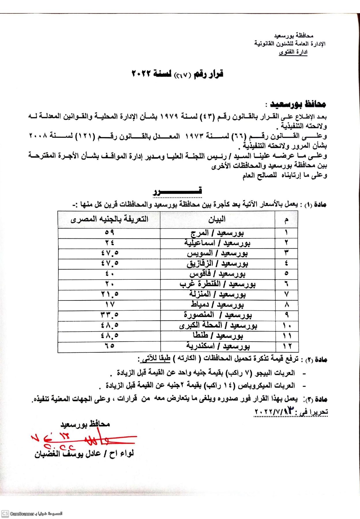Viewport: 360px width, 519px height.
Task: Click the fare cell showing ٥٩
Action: point(109,232)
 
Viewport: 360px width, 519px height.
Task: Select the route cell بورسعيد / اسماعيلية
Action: point(217,243)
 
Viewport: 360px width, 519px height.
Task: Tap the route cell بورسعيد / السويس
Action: point(217,253)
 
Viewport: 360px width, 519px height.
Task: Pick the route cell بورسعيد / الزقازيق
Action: point(217,264)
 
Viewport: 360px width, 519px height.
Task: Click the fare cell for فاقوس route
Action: point(109,274)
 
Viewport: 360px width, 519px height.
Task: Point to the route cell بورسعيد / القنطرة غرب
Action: point(217,284)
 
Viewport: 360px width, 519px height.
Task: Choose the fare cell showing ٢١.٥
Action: point(109,294)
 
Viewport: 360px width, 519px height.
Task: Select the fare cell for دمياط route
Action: point(109,304)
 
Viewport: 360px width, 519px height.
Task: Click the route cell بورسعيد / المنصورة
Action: point(217,315)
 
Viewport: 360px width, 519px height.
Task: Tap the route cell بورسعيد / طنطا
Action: point(217,336)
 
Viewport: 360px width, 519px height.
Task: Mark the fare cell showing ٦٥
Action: point(109,346)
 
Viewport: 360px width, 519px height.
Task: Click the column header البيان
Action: point(217,220)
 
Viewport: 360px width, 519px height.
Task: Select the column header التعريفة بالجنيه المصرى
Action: point(109,219)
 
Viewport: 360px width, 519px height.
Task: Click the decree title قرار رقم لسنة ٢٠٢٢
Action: point(177,74)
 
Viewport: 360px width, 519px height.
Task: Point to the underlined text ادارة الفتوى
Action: point(293,52)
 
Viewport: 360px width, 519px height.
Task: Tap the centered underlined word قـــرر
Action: point(177,191)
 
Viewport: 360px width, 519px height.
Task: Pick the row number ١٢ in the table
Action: point(287,346)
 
